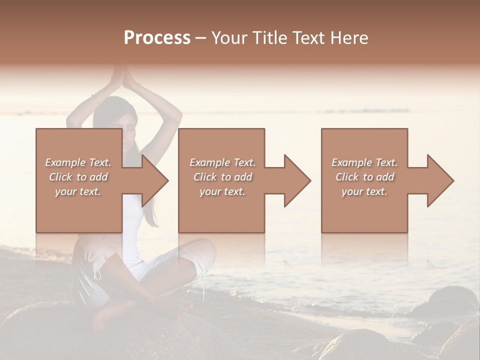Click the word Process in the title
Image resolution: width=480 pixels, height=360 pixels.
coord(157,38)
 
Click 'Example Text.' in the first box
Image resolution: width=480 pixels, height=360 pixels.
coord(78,162)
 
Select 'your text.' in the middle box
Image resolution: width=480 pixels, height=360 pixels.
coord(222,191)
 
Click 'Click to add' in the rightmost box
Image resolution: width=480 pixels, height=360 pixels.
coord(364,177)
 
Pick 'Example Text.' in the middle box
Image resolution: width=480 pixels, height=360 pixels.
coord(222,162)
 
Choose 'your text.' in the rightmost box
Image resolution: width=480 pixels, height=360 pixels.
coord(364,191)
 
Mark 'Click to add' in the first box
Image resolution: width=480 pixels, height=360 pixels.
coord(78,177)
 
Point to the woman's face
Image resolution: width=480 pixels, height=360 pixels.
coord(127,131)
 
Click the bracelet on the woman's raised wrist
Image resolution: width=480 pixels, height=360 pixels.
coord(95,99)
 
